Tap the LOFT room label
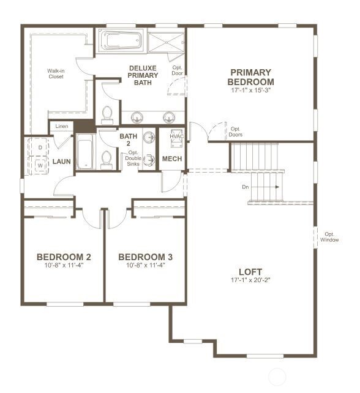pos(250,271)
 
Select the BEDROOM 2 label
pos(64,256)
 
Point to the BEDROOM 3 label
pos(145,256)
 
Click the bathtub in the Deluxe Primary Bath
pos(121,40)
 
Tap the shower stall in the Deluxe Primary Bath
pos(165,40)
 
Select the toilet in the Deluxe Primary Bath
pos(108,114)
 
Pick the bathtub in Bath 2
pos(83,154)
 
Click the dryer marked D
pos(40,148)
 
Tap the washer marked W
pos(40,165)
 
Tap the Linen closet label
pos(62,127)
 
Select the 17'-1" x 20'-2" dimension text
pos(250,281)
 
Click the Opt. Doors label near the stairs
pos(236,132)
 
